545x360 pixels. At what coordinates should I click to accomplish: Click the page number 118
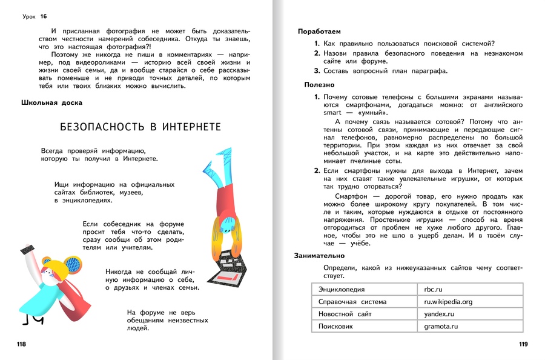pos(22,345)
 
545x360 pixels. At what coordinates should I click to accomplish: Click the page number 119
pos(523,345)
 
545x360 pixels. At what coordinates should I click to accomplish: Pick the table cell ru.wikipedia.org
pos(448,302)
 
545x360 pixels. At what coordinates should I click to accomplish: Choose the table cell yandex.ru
pos(439,314)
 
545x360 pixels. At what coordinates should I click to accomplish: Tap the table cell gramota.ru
pos(441,326)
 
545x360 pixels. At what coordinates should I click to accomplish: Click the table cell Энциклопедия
pos(342,290)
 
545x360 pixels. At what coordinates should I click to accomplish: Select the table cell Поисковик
pos(337,326)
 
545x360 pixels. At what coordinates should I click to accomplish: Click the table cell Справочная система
pos(352,302)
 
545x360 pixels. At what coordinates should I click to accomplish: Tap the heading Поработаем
pos(319,31)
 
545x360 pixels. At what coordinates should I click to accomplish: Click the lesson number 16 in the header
pos(43,16)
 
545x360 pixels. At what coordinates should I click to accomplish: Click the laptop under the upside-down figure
pos(229,267)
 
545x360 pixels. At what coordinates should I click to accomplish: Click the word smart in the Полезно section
pos(332,113)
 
